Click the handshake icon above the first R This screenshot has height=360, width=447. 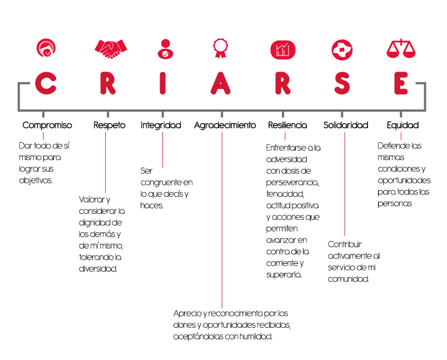pyautogui.click(x=111, y=49)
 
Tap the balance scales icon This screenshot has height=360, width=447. pyautogui.click(x=401, y=49)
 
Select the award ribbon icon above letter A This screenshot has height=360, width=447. pyautogui.click(x=220, y=48)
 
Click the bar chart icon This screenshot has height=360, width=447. pyautogui.click(x=283, y=50)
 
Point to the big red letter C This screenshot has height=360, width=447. pyautogui.click(x=46, y=83)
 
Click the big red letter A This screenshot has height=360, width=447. pyautogui.click(x=220, y=83)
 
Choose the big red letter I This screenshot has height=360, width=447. pyautogui.click(x=162, y=83)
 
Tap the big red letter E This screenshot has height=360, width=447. pyautogui.click(x=401, y=83)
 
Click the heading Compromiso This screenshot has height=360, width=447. pyautogui.click(x=47, y=126)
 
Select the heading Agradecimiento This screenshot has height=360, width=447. pyautogui.click(x=225, y=126)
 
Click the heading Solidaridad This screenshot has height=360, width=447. pyautogui.click(x=346, y=125)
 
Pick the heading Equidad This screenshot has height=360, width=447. pyautogui.click(x=403, y=126)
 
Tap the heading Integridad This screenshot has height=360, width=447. pyautogui.click(x=161, y=126)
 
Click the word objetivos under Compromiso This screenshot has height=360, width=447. pyautogui.click(x=36, y=181)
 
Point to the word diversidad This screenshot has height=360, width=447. pyautogui.click(x=98, y=268)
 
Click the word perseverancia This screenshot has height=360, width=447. pyautogui.click(x=292, y=183)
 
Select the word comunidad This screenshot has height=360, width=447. pyautogui.click(x=349, y=279)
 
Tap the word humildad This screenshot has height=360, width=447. pyautogui.click(x=256, y=337)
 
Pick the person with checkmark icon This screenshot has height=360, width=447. pyautogui.click(x=165, y=49)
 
